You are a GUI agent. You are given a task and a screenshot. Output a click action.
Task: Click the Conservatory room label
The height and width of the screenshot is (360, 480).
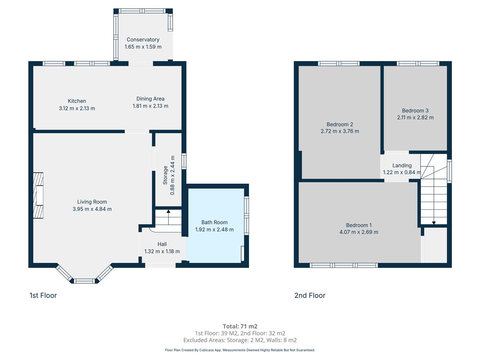[x=143, y=40]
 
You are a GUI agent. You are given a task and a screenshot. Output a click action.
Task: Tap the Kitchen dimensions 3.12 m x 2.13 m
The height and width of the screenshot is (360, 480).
[x=77, y=108]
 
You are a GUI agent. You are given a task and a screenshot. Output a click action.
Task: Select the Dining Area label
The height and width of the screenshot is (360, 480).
[x=150, y=99]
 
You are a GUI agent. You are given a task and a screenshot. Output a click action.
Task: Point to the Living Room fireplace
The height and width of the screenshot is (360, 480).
[x=38, y=195]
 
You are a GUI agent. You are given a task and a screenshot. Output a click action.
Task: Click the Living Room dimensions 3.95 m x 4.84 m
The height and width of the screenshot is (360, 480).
[x=92, y=209]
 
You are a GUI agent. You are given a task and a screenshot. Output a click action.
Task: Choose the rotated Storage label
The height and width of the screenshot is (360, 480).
[x=165, y=175]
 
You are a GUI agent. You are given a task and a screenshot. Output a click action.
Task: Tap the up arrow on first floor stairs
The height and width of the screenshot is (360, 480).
[x=168, y=217]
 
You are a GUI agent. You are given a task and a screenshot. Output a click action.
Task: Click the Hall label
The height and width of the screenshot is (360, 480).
[x=162, y=244]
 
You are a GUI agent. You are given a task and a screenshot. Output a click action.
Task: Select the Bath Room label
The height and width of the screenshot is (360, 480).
[x=214, y=222]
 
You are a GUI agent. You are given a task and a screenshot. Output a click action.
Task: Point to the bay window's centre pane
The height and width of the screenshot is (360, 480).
[x=84, y=281]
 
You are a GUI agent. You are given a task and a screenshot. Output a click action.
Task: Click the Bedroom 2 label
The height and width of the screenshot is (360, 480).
[x=340, y=124]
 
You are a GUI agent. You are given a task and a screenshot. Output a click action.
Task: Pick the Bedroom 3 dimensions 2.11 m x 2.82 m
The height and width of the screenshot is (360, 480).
[x=415, y=117]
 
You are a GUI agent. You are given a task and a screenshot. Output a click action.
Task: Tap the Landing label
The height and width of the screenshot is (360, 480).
[x=402, y=165]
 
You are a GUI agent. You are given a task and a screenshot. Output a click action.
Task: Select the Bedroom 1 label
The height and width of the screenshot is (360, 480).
[x=359, y=225]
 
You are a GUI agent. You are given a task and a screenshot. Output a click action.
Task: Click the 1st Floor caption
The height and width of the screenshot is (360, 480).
[x=43, y=296]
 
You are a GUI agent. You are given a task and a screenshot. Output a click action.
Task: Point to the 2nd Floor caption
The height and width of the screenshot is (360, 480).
[x=310, y=296]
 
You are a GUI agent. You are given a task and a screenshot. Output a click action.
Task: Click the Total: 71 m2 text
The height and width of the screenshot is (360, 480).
[x=240, y=326]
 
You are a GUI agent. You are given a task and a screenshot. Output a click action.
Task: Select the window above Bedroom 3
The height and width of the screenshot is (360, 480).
[x=418, y=64]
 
